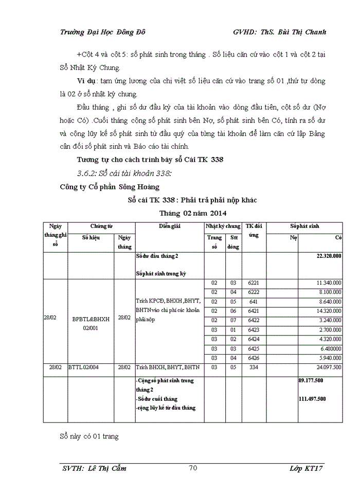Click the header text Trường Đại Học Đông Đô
(103, 32)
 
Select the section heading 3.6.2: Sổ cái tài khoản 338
(124, 172)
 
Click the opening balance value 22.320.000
(329, 256)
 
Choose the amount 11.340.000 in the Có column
(329, 283)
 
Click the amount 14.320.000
(329, 311)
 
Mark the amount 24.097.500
(329, 367)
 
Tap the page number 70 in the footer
(193, 468)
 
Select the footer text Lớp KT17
(307, 468)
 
